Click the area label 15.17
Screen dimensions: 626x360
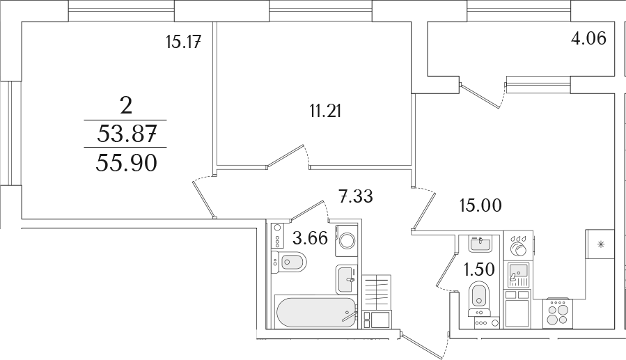[x=183, y=42]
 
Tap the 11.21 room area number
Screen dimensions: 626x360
[x=325, y=111]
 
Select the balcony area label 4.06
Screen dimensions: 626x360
[x=588, y=38]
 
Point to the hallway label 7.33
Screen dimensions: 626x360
[x=355, y=196]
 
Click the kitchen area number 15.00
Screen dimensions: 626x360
[x=480, y=205]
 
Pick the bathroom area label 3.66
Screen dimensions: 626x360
[x=310, y=238]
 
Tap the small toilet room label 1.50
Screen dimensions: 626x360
[x=478, y=269]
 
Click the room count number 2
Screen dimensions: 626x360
[x=126, y=106]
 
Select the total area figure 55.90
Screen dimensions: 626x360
[x=126, y=163]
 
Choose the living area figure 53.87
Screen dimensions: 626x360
[x=126, y=134]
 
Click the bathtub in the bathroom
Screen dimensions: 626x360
[x=315, y=313]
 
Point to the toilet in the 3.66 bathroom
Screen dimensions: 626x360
[x=289, y=263]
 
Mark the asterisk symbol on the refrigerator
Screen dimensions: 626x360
[x=600, y=244]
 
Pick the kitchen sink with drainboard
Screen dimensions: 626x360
[x=518, y=274]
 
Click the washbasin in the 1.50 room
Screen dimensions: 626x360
[x=480, y=244]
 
